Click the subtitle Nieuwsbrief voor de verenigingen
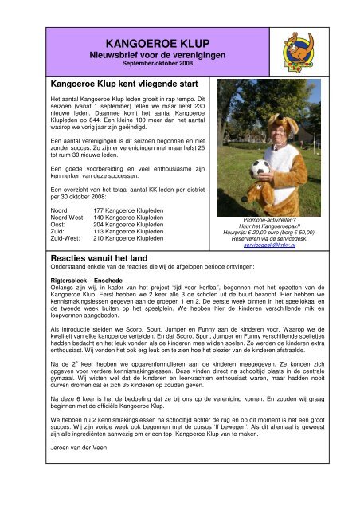point(157,55)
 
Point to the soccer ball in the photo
point(260,169)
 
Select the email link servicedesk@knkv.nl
point(268,247)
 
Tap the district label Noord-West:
point(66,216)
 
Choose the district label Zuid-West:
point(65,238)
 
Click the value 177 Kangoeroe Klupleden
point(128,209)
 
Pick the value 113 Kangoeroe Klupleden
point(128,231)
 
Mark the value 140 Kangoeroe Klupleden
point(128,216)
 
